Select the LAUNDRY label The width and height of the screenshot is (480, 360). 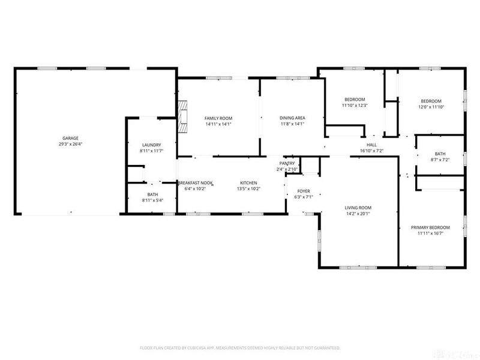[x=151, y=145]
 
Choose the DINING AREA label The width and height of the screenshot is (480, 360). [x=293, y=118]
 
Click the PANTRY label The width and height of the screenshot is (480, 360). [x=287, y=164]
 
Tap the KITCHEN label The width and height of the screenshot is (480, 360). [x=249, y=182]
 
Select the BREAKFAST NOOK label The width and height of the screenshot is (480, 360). [x=196, y=182]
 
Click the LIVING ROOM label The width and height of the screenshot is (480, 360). [x=358, y=208]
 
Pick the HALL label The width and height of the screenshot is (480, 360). [x=372, y=145]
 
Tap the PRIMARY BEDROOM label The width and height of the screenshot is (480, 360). [x=430, y=227]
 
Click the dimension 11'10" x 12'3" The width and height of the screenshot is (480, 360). [x=355, y=106]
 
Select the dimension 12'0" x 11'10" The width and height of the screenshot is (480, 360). [x=431, y=107]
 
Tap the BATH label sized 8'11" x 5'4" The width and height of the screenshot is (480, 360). [x=152, y=194]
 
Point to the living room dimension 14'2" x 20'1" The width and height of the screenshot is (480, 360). [x=358, y=214]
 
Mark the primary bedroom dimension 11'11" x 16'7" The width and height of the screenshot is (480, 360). [x=430, y=233]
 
